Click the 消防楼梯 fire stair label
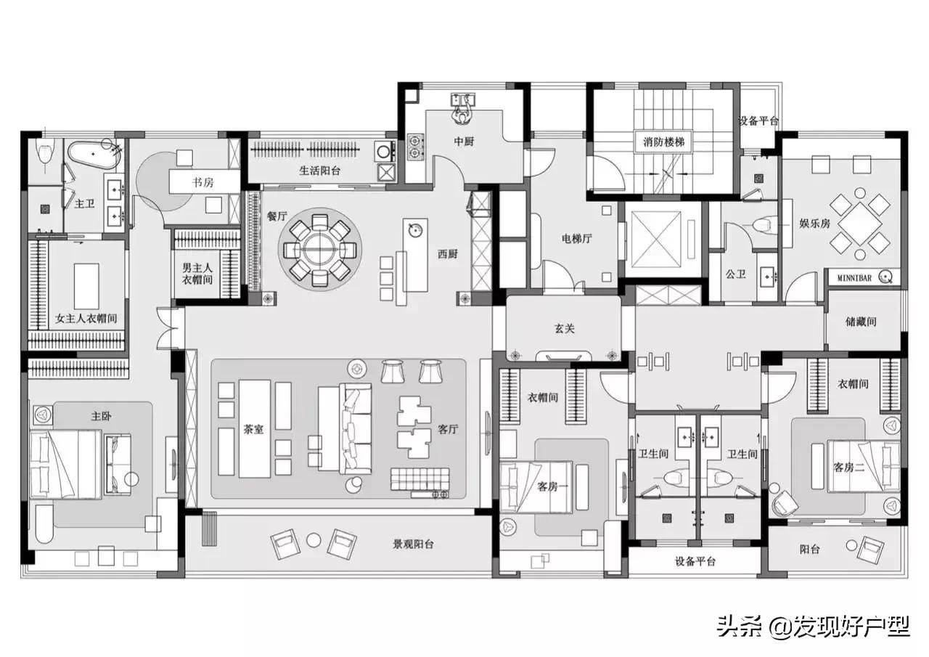tap(663, 142)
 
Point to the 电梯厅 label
tap(578, 237)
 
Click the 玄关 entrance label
tap(565, 328)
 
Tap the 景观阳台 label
tap(413, 544)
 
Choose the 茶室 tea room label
tap(254, 429)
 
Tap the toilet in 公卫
tap(761, 224)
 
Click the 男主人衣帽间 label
tap(197, 273)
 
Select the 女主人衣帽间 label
tap(86, 318)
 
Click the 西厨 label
tap(447, 254)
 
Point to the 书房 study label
tap(203, 182)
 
